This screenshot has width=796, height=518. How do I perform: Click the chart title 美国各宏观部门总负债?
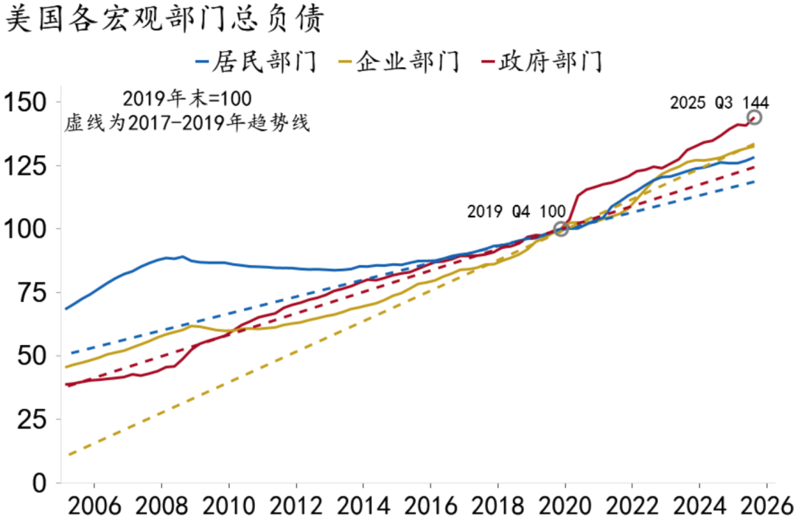(164, 21)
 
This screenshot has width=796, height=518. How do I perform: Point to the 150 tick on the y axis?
(26, 102)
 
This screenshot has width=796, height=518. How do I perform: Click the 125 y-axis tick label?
(26, 166)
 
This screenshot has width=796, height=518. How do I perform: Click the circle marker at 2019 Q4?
(561, 229)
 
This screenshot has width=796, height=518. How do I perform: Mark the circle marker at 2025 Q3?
(754, 118)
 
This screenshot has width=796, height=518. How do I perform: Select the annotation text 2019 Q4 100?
(518, 211)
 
